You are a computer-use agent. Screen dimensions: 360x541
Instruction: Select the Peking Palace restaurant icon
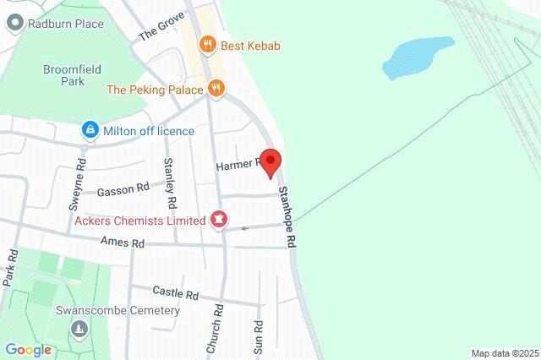point(216,89)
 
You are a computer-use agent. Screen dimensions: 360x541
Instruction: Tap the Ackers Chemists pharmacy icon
point(219,221)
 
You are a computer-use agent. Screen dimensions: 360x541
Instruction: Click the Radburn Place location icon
point(14,25)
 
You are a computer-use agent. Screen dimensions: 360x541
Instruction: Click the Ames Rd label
point(123,243)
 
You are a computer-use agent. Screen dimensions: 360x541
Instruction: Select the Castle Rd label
point(175,294)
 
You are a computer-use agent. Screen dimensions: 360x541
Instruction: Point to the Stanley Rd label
point(171,183)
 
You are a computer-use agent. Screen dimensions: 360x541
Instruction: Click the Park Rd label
point(11,270)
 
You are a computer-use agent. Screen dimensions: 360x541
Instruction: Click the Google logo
point(29,349)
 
